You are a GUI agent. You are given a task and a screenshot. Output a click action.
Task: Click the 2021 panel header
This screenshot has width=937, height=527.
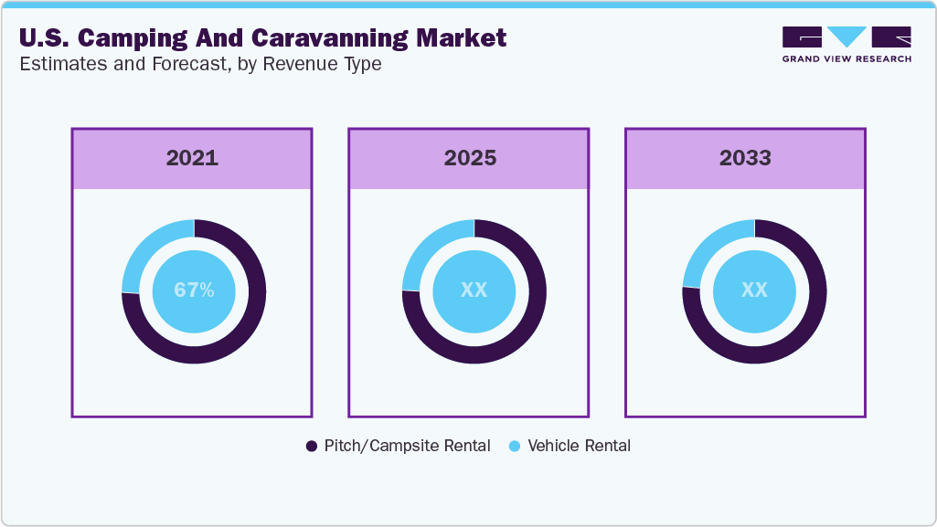(x=192, y=158)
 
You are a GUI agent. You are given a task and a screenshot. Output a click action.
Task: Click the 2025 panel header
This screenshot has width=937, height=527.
(x=470, y=158)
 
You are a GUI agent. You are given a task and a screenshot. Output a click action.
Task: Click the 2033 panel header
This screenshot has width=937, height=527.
(x=745, y=158)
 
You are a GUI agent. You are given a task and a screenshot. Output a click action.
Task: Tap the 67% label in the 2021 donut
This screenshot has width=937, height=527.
(x=194, y=290)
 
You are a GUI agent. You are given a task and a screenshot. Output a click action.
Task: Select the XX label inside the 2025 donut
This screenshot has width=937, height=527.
(x=474, y=290)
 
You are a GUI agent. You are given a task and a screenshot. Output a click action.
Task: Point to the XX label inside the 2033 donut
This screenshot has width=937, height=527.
(x=754, y=290)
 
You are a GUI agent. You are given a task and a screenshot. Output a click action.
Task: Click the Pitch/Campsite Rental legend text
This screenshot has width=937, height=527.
(x=407, y=446)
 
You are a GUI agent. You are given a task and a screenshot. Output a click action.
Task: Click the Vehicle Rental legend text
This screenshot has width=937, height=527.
(x=579, y=446)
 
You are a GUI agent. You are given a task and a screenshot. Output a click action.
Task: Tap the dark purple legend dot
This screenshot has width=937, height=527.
(x=312, y=446)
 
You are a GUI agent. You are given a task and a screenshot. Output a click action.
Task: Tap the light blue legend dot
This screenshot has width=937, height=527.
(x=515, y=446)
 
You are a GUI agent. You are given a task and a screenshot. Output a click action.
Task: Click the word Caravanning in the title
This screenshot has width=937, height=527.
(x=274, y=38)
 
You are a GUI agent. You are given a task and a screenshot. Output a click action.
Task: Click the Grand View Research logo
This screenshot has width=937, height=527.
(x=846, y=44)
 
